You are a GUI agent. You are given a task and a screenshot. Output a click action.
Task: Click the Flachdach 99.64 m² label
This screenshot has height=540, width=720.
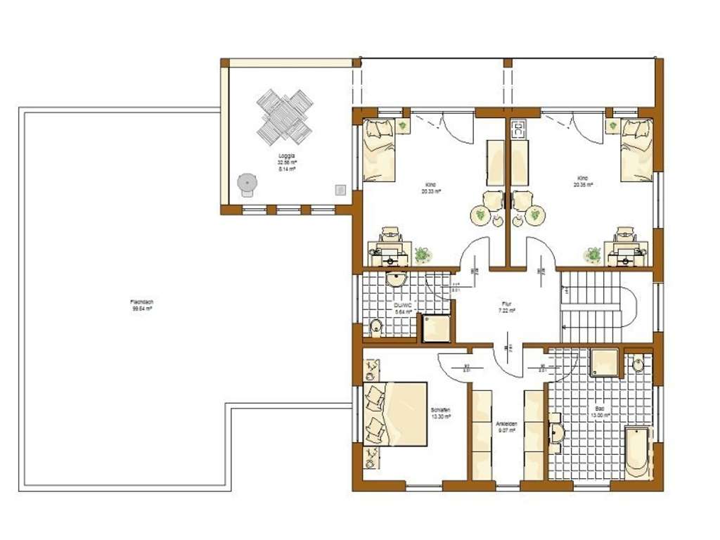[x=142, y=305]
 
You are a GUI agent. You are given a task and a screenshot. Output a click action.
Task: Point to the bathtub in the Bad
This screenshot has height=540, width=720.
[x=638, y=451]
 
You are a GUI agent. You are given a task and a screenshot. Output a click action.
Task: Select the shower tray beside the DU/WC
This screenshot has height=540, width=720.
[x=435, y=328]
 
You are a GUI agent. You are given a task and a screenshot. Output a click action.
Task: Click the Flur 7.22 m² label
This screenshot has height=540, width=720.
[x=507, y=307]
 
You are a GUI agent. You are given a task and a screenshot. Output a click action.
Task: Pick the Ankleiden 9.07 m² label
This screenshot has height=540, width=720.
[x=507, y=427]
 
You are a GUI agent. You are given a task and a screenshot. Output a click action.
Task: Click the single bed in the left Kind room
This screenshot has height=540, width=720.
[x=379, y=150]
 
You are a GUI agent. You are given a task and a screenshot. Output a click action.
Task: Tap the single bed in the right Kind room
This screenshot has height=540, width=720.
[x=636, y=149]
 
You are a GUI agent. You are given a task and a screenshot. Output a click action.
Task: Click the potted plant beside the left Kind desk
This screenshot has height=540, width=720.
[x=422, y=255]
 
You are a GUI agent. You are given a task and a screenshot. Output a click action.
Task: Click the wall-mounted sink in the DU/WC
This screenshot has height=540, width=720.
[x=398, y=281]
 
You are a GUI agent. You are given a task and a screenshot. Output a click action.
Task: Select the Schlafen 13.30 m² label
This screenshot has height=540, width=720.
[x=441, y=413]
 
